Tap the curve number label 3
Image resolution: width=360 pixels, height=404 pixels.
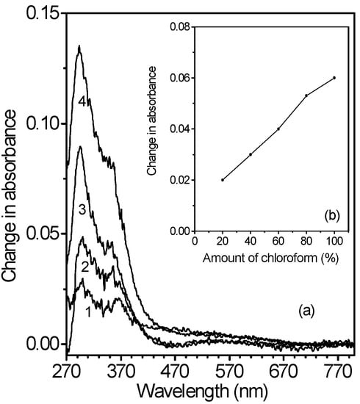[x=83, y=209]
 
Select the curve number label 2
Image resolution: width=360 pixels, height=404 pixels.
[x=85, y=266]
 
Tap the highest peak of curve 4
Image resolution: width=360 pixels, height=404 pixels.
[x=79, y=47]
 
